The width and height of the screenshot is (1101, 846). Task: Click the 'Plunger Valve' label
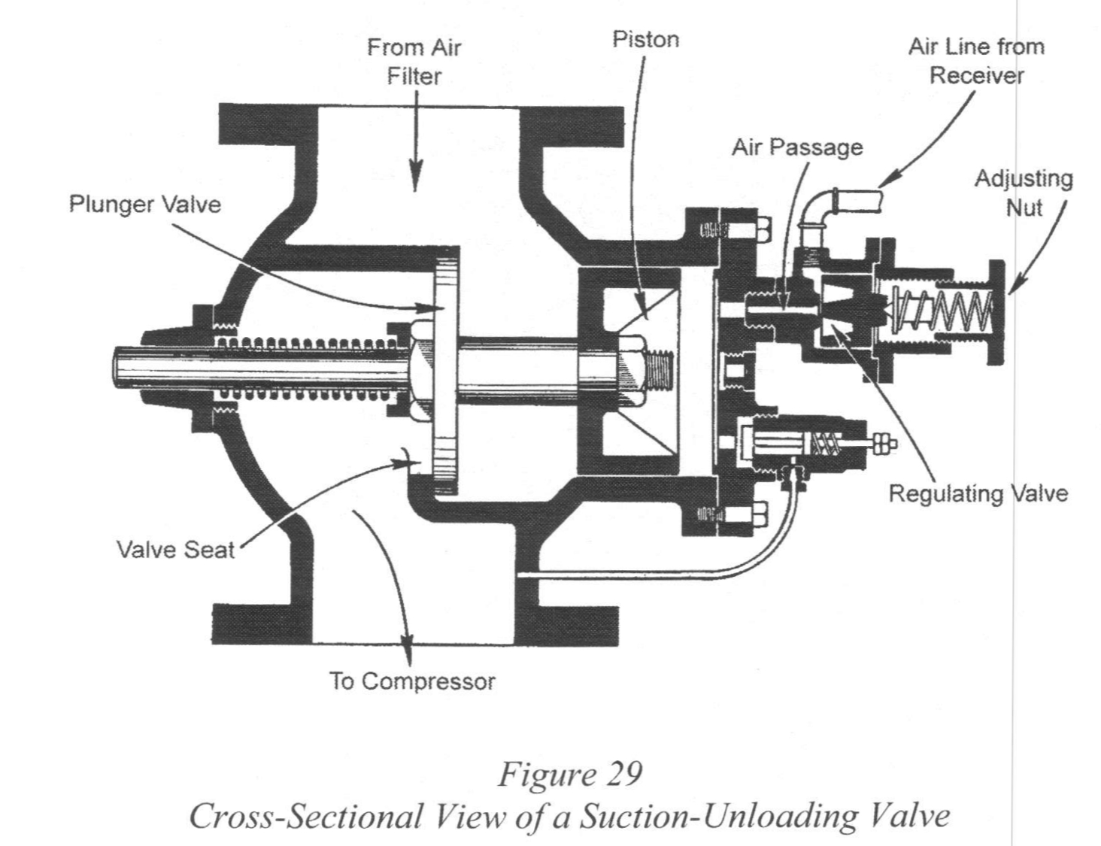point(145,204)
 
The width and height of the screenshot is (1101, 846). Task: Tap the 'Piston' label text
point(645,39)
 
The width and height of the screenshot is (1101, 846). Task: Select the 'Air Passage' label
point(797,147)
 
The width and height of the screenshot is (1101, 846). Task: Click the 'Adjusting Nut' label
point(1024,193)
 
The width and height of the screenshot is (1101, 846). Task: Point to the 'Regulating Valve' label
point(978,493)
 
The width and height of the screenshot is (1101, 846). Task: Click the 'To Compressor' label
point(412,681)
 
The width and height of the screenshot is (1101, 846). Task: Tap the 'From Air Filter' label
point(414,62)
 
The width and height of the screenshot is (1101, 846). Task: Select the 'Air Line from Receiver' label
point(976,60)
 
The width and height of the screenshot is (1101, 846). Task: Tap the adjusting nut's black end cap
point(996,311)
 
